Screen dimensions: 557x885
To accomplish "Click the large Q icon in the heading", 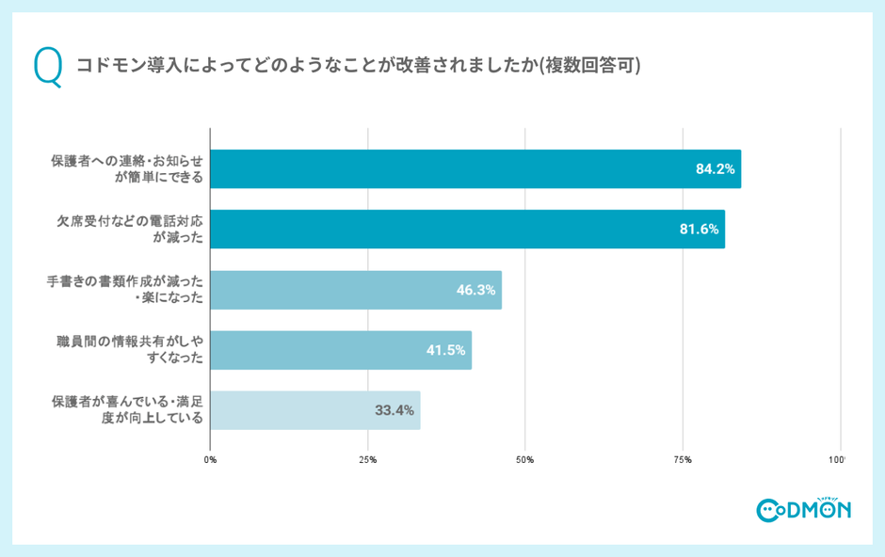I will click(47, 66).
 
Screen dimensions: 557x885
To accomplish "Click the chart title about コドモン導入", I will click(359, 66).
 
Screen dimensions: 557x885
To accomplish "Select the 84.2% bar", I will click(475, 169).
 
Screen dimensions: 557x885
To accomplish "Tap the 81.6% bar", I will click(467, 230).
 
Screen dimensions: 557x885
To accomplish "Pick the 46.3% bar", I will click(355, 290).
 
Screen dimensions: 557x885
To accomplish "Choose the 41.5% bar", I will click(340, 350).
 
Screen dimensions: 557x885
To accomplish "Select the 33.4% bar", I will click(314, 410).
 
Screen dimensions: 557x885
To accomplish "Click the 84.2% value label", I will click(715, 169).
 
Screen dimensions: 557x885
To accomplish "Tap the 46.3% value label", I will click(475, 290).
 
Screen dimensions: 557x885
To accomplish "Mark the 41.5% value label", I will click(446, 350).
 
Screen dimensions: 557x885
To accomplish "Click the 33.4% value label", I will click(394, 410).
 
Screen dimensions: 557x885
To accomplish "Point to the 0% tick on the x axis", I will click(210, 460).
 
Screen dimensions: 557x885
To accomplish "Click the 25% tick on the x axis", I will click(367, 460).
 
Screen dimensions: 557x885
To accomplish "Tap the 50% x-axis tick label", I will click(525, 460).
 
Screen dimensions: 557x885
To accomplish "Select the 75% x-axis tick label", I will click(683, 460).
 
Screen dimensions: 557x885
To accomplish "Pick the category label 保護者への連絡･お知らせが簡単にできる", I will click(127, 169).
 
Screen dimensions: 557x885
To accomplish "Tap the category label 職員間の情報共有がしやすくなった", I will click(130, 350).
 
